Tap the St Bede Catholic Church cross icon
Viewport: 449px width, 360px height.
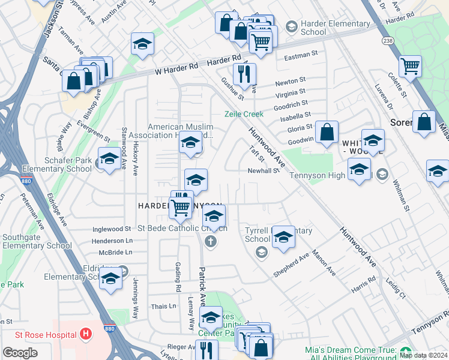210,242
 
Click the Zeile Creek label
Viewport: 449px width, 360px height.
244,114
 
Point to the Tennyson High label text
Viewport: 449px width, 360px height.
324,175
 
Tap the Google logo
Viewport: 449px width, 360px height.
20,353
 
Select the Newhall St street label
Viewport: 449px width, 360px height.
264,170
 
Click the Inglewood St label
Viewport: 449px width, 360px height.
112,229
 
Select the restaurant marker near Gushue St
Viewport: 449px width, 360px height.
244,74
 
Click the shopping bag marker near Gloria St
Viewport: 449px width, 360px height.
327,131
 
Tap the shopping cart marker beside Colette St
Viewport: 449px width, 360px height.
410,65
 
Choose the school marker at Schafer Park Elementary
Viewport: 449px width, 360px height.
109,158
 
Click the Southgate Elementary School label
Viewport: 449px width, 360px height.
37,241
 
